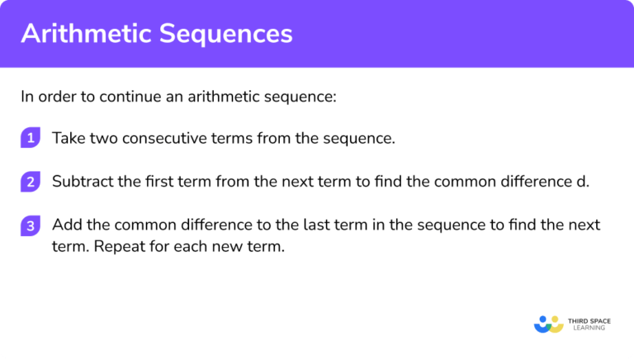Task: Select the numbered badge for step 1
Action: (x=31, y=138)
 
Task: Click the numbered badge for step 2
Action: (x=31, y=182)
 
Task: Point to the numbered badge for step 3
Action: (x=31, y=225)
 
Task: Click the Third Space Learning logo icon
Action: (x=548, y=323)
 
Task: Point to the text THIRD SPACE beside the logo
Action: (x=590, y=318)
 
